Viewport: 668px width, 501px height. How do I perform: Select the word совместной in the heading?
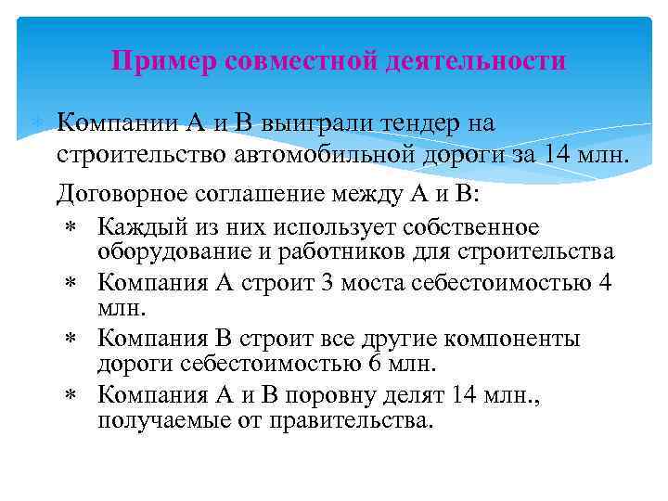[301, 61]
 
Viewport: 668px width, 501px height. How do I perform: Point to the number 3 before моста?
[325, 281]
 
